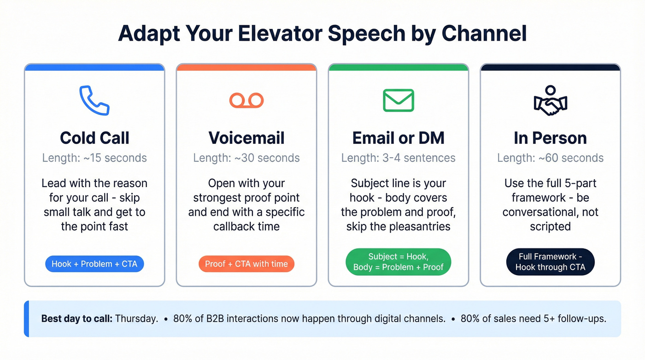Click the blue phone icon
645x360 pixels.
(94, 100)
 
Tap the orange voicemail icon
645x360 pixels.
(246, 100)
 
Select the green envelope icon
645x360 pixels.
(399, 100)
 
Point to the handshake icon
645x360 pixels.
(550, 100)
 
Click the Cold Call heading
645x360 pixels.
(94, 138)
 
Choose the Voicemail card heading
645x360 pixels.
(246, 138)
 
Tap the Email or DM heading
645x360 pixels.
(399, 138)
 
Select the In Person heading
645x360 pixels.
(550, 138)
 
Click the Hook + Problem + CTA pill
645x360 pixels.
(94, 264)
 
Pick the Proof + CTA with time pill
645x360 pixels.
(246, 264)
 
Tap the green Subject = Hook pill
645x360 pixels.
(399, 262)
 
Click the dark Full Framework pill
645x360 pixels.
(550, 262)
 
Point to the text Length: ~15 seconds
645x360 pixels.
(94, 158)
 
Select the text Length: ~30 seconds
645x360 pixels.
(246, 158)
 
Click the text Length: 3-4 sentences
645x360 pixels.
(399, 158)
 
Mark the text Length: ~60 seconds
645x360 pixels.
(550, 158)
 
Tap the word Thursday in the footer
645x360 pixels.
(136, 319)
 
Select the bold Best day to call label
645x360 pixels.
(76, 319)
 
